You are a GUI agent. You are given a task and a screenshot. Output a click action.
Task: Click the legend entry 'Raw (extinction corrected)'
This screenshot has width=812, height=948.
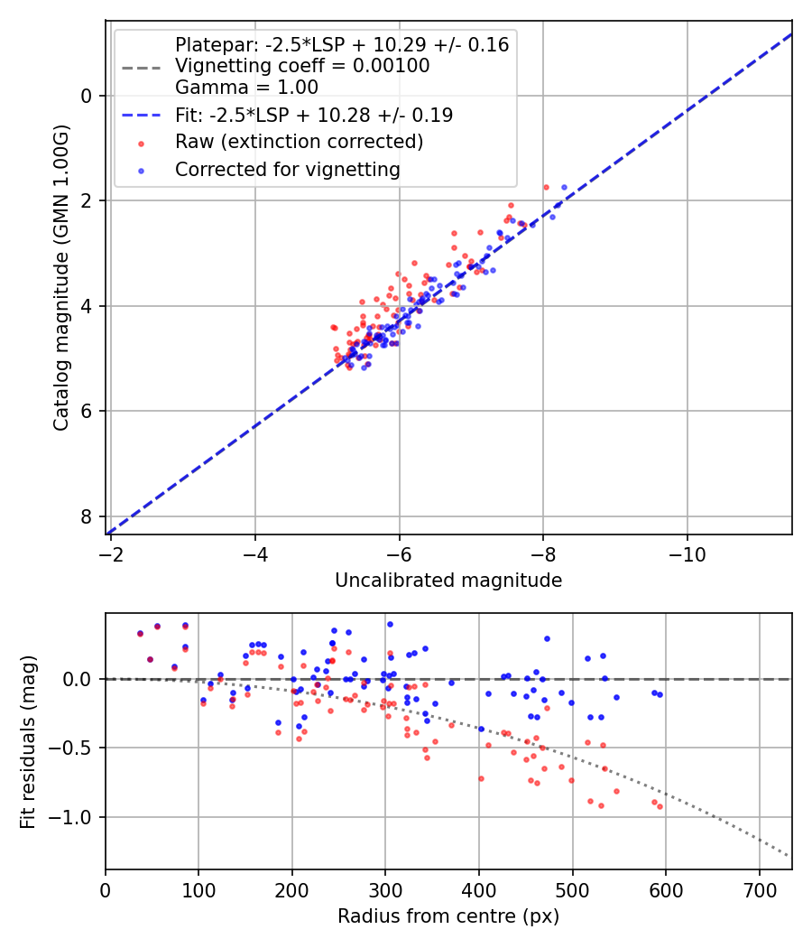point(299,142)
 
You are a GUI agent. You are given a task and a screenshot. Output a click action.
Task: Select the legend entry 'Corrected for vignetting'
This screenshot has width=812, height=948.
point(287,169)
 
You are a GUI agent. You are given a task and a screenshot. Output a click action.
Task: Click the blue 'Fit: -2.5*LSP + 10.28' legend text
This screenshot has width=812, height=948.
point(313,115)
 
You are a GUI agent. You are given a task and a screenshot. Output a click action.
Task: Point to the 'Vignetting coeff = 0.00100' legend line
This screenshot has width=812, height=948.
point(302,66)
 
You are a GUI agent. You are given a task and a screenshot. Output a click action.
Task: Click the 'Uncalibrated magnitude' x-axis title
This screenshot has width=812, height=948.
point(448,581)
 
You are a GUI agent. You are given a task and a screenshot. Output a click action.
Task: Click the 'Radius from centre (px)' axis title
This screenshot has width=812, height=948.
point(448,916)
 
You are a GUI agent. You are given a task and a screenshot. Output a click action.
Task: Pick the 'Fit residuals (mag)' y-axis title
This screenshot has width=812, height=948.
point(28,742)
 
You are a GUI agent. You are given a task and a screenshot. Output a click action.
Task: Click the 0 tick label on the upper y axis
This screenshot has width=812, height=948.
point(88,96)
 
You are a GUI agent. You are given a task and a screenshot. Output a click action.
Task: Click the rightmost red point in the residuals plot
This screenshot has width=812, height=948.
point(660,806)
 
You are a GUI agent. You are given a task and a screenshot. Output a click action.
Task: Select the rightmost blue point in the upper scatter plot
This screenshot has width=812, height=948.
point(565,187)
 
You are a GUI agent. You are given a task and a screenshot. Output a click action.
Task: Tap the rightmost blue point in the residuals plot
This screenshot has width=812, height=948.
point(660,694)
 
